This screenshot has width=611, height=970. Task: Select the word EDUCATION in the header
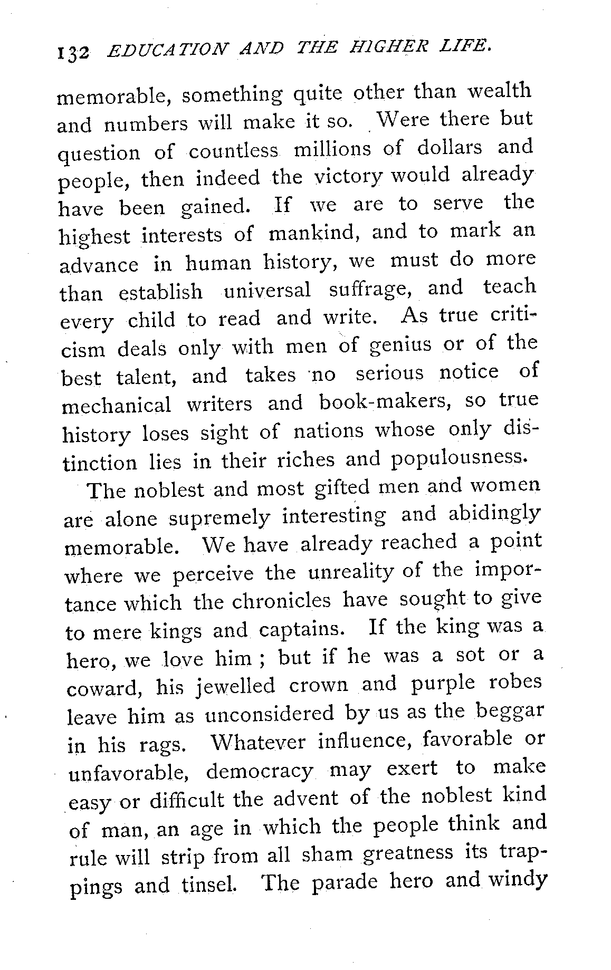point(166,52)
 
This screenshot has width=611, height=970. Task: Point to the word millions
point(329,149)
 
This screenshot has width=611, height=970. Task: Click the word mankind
point(314,233)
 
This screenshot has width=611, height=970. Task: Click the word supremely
point(218,517)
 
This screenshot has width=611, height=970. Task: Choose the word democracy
point(260,771)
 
